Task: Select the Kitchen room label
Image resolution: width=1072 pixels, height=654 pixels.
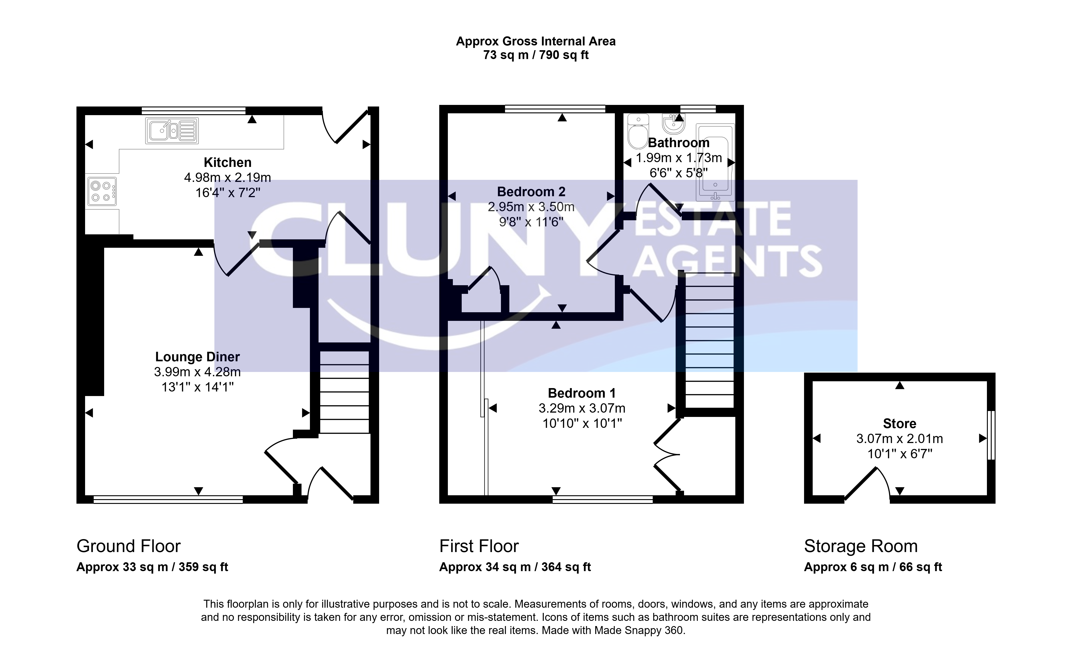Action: (x=228, y=162)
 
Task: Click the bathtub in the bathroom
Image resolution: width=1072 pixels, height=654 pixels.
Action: (x=715, y=162)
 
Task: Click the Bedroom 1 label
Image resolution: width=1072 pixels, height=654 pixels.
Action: (x=582, y=393)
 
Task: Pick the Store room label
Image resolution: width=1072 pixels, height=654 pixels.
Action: (x=899, y=424)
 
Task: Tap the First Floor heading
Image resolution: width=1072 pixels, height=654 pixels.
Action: (x=479, y=546)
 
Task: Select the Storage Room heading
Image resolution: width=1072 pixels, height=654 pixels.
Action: (x=861, y=546)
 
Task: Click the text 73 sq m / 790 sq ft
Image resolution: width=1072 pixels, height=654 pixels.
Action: (x=536, y=55)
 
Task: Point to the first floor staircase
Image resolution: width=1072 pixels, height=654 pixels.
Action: (x=709, y=340)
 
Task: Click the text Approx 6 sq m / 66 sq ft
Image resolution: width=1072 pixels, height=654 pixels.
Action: (x=873, y=567)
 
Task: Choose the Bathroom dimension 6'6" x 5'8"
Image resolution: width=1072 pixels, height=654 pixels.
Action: (x=679, y=173)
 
